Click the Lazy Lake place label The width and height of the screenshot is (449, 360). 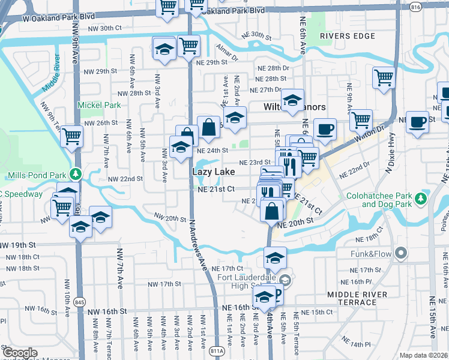pyautogui.click(x=212, y=172)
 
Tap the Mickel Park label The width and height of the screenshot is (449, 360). pyautogui.click(x=99, y=105)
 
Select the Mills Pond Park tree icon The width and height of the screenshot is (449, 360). pyautogui.click(x=76, y=175)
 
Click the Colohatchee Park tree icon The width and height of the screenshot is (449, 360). pyautogui.click(x=422, y=197)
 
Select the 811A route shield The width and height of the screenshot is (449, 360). pyautogui.click(x=218, y=351)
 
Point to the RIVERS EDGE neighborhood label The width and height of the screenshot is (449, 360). pyautogui.click(x=343, y=36)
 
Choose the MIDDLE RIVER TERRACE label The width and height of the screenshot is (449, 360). pyautogui.click(x=360, y=298)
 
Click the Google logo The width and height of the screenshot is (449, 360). pyautogui.click(x=20, y=353)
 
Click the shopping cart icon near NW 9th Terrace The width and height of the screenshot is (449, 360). pyautogui.click(x=71, y=136)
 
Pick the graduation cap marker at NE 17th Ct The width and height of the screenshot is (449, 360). pyautogui.click(x=275, y=258)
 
